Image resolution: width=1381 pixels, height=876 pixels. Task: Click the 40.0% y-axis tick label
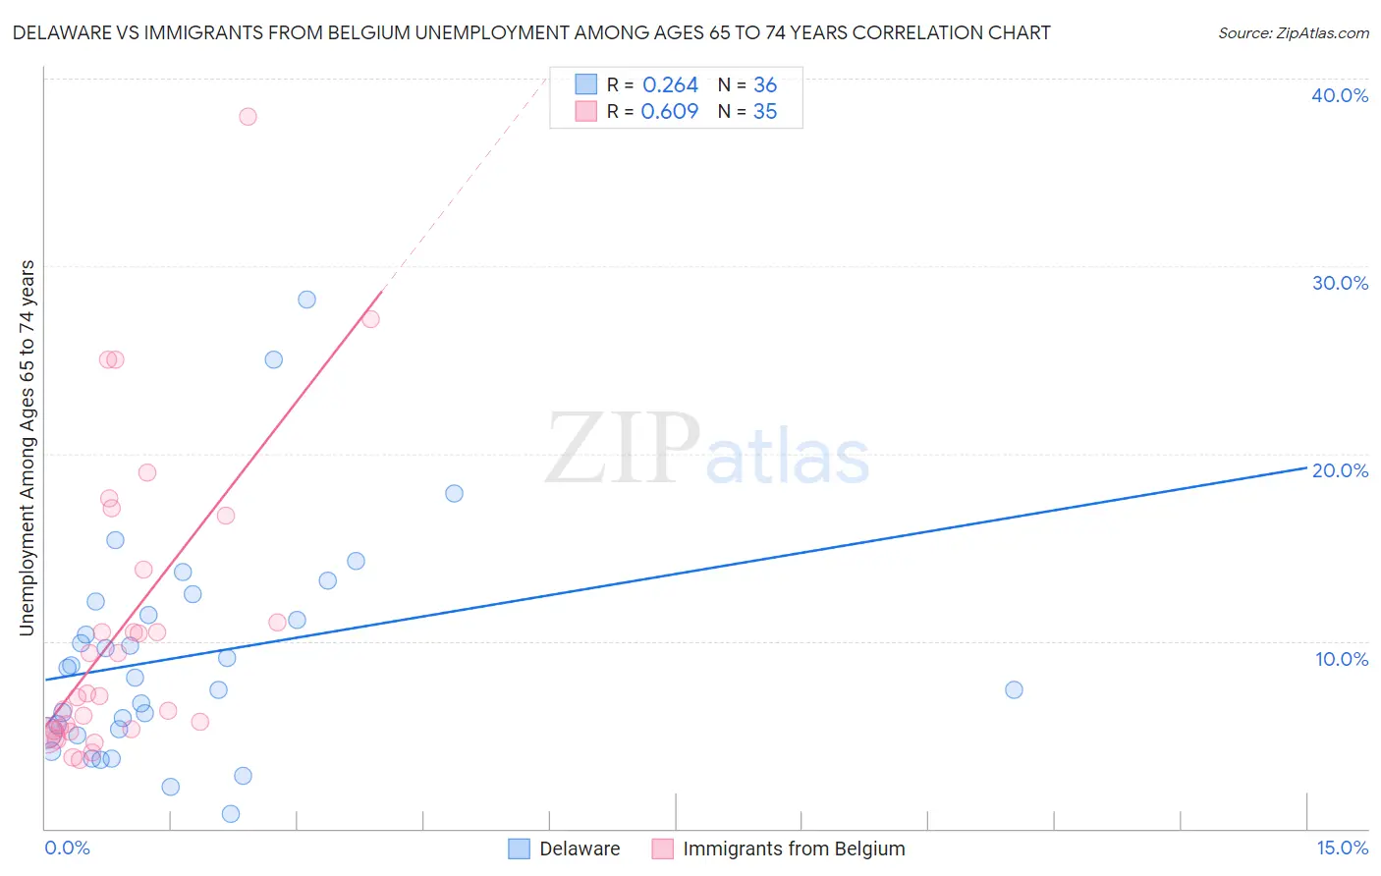point(1339,95)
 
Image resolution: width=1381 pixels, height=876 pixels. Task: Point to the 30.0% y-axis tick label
point(1339,283)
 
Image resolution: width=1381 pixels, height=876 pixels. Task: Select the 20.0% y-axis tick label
point(1339,470)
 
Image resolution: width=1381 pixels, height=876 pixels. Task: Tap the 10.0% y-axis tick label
point(1341,659)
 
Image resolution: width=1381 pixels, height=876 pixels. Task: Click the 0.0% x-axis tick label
point(67,848)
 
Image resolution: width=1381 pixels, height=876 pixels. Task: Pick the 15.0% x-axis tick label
point(1342,848)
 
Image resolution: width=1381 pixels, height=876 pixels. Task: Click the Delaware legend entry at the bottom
point(579,849)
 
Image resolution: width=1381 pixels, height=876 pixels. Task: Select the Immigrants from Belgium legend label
point(794,849)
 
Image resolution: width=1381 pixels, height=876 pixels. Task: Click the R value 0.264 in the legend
point(670,85)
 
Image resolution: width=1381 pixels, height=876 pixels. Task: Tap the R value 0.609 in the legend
point(670,112)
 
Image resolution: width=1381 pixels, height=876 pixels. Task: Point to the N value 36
point(764,85)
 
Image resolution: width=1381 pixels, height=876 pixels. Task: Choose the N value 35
point(764,112)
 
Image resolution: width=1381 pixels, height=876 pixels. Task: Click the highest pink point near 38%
point(248,117)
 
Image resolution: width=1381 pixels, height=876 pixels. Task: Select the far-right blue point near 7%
point(1014,689)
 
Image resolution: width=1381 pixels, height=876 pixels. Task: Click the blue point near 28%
point(306,300)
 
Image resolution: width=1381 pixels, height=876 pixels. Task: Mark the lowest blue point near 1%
point(231,813)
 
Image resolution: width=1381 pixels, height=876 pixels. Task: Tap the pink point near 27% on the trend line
point(370,319)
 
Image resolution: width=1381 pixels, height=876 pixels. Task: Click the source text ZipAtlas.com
point(1293,33)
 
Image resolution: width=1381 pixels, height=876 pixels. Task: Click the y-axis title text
point(28,448)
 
